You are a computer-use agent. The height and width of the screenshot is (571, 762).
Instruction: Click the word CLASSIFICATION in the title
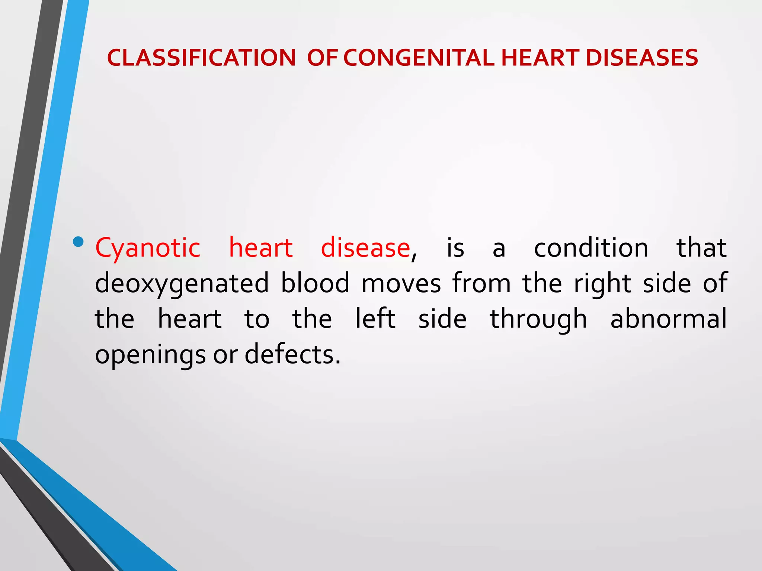(201, 58)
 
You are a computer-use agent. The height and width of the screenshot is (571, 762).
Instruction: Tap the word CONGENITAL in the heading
(419, 58)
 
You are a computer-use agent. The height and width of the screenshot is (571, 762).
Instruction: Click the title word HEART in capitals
(540, 58)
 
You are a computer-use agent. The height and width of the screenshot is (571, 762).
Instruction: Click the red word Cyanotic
(148, 248)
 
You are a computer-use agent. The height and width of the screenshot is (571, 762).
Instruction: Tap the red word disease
(365, 248)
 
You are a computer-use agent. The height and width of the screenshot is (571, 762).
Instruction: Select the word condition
(591, 248)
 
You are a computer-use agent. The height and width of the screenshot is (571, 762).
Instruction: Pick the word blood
(315, 283)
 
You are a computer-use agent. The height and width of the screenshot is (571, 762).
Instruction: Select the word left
(375, 319)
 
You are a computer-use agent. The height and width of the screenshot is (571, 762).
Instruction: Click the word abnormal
(668, 319)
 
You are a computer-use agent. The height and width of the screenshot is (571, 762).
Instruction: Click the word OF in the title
(322, 58)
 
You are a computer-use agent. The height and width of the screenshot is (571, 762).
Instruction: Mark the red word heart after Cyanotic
(260, 248)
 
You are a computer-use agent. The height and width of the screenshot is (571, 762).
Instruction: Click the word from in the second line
(481, 283)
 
